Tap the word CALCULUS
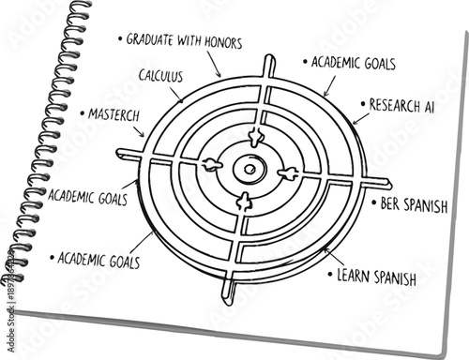[160, 74]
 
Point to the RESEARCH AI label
[400, 103]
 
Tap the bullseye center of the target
[250, 170]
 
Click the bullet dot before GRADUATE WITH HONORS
[120, 39]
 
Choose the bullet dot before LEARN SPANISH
[330, 275]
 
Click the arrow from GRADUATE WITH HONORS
[215, 66]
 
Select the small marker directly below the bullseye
[245, 200]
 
